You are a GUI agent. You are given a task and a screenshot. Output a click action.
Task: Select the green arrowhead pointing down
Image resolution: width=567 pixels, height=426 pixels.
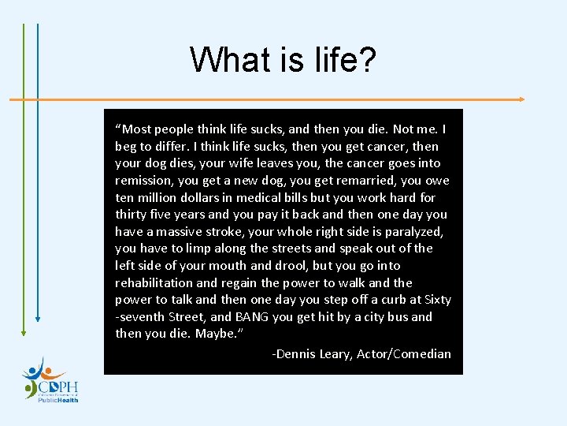pyautogui.click(x=24, y=332)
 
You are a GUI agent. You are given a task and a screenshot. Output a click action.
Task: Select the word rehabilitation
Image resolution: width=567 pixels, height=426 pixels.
pyautogui.click(x=154, y=282)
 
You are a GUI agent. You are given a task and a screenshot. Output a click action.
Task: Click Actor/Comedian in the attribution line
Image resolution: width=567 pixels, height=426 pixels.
pyautogui.click(x=404, y=353)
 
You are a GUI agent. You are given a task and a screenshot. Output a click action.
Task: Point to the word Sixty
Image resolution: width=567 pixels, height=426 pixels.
pyautogui.click(x=438, y=300)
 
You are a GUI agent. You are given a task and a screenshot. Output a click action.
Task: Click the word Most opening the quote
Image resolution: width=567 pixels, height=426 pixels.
pyautogui.click(x=135, y=129)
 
